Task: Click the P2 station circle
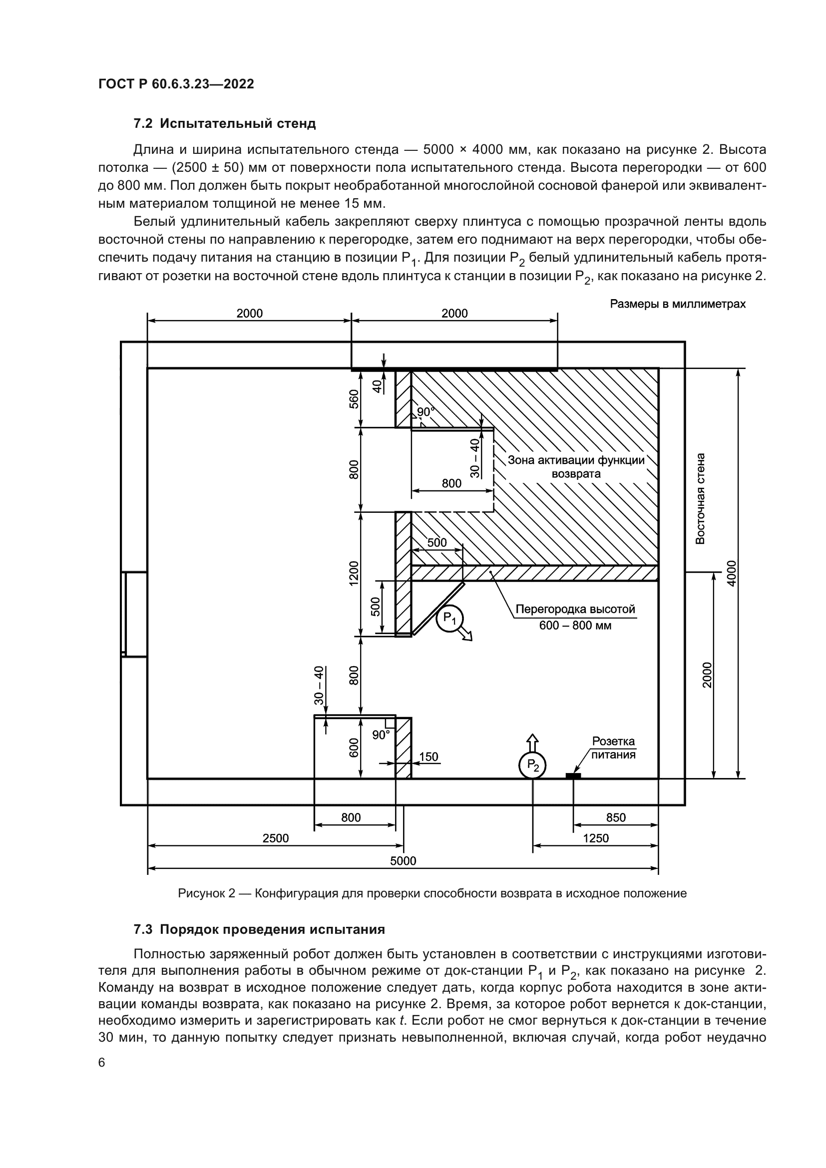point(532,765)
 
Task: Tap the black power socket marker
point(573,776)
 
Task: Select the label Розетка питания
point(613,749)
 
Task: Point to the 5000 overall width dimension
point(403,860)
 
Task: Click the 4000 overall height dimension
point(732,573)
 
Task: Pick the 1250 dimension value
point(596,838)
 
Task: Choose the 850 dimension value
point(616,817)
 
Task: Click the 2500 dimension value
point(275,838)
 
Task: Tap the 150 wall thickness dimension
point(429,757)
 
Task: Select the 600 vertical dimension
point(354,748)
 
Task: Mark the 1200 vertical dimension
point(354,573)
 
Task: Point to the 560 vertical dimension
point(354,399)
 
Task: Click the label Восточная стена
point(700,498)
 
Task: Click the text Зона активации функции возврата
point(576,467)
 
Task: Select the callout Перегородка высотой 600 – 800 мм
point(575,617)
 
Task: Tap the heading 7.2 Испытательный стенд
point(224,123)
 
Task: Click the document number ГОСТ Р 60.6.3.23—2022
point(176,84)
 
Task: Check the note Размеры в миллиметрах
point(678,304)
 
